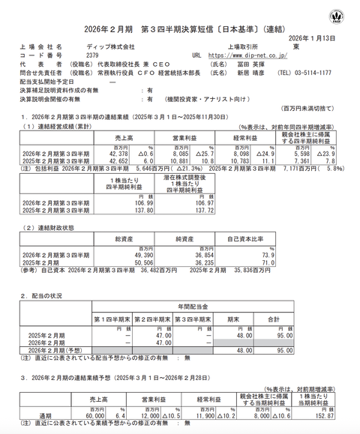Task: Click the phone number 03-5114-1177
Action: [329, 72]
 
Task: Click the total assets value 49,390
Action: [142, 255]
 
